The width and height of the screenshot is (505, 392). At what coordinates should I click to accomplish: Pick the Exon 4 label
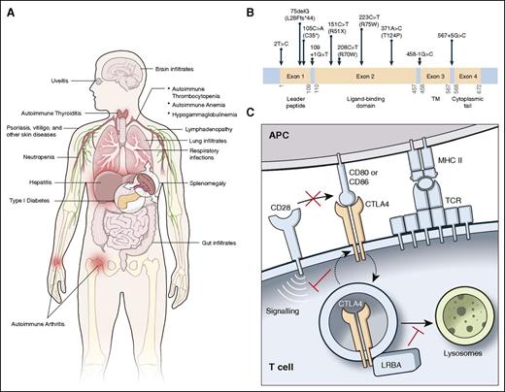(x=467, y=75)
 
